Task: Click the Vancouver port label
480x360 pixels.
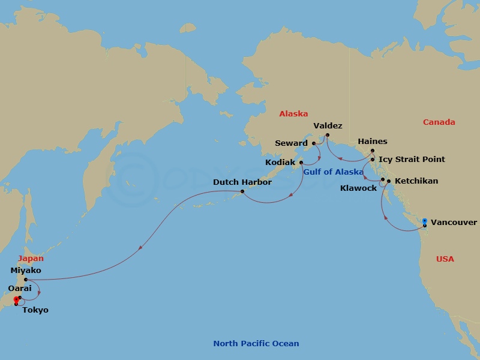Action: [454, 223]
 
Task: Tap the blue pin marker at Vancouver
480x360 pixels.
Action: [425, 222]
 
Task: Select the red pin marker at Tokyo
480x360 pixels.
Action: [16, 301]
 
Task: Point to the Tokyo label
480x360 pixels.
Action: [35, 310]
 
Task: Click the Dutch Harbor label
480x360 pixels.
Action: [242, 182]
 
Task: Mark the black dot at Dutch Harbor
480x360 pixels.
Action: [242, 191]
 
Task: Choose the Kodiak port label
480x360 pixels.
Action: [280, 163]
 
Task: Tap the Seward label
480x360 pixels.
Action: [291, 143]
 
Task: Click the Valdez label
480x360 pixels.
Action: [328, 125]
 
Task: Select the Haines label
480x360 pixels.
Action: [372, 142]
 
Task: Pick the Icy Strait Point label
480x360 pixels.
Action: [412, 160]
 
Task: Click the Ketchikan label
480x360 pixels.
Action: [416, 181]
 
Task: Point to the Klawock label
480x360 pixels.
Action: [358, 188]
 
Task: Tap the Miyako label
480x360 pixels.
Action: [26, 271]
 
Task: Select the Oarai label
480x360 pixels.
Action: [20, 289]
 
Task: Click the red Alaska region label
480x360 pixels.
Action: [293, 113]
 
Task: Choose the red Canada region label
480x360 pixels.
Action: [439, 122]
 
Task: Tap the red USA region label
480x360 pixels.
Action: [445, 259]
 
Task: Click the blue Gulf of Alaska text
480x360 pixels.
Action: [333, 172]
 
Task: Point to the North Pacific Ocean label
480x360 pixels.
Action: [256, 344]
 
